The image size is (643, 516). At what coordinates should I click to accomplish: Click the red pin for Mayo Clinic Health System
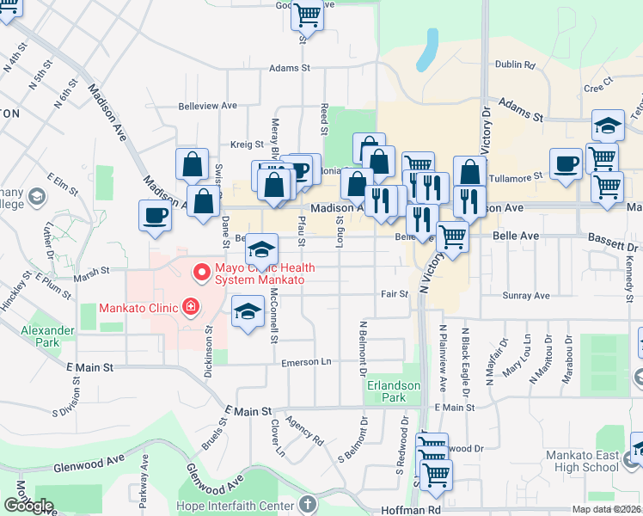[x=202, y=273]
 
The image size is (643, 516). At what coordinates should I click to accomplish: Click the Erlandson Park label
[x=385, y=392]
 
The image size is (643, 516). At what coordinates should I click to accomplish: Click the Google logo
[x=28, y=506]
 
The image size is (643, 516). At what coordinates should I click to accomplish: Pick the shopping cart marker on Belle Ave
[x=452, y=236]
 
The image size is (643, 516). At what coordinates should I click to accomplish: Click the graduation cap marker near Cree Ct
[x=608, y=126]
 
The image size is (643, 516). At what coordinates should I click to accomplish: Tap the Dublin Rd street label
[x=515, y=64]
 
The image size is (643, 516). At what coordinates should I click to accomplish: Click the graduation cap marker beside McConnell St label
[x=248, y=310]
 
